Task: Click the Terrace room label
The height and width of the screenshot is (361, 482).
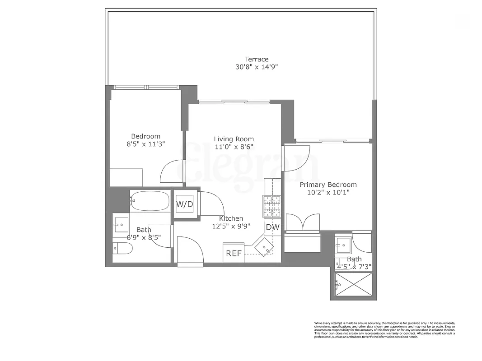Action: (257, 59)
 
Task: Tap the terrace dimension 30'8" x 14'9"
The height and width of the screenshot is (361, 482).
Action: (257, 67)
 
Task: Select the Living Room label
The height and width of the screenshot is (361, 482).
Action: (234, 139)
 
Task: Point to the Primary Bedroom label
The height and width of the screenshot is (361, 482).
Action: (328, 185)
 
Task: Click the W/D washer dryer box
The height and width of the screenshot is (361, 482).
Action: (184, 204)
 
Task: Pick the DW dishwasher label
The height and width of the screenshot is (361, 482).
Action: (272, 227)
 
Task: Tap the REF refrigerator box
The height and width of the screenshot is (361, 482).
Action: (234, 253)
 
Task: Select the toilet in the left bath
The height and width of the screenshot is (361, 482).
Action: (122, 248)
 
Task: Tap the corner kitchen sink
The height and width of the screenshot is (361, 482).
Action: (264, 247)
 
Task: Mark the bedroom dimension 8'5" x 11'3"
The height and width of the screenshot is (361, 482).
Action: (145, 144)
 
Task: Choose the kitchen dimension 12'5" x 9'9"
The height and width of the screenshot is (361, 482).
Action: (231, 226)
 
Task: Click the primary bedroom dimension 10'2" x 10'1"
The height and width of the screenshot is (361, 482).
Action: (328, 192)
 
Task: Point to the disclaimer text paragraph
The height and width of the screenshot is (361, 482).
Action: (384, 330)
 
